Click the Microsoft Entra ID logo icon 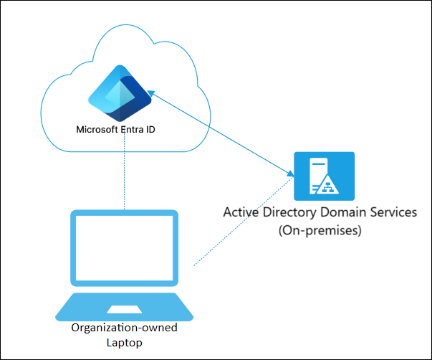pos(119,97)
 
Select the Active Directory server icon pos(324,176)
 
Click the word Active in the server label pos(241,213)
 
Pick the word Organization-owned pos(124,328)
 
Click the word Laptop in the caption pos(124,343)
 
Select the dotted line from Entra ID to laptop pos(125,172)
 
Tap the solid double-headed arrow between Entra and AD pos(222,133)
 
